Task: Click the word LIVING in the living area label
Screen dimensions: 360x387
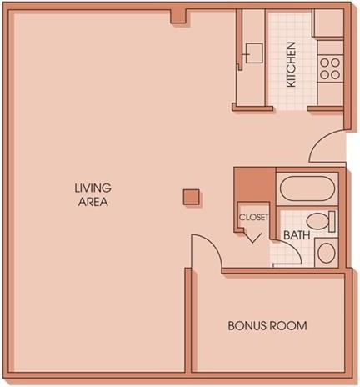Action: pos(92,188)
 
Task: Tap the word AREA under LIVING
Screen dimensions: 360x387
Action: pos(93,202)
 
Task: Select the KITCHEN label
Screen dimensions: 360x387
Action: pos(291,64)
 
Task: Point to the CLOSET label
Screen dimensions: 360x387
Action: pos(254,217)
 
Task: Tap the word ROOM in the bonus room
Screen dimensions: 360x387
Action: pos(289,325)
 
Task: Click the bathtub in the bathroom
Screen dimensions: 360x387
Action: pos(307,188)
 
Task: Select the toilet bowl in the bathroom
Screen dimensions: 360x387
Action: pos(317,221)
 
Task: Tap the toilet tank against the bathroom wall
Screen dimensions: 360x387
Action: pos(332,222)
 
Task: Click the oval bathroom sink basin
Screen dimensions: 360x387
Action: pos(327,253)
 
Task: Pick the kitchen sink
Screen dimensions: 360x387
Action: pos(253,53)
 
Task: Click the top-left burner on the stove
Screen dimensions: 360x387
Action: pos(324,63)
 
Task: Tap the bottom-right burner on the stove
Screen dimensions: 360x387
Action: pos(336,74)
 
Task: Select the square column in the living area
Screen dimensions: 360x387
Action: pos(191,197)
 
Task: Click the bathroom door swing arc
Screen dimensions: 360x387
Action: pos(292,248)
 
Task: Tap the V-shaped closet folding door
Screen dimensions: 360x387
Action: pos(253,237)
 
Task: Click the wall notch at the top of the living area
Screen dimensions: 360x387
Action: pos(177,17)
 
